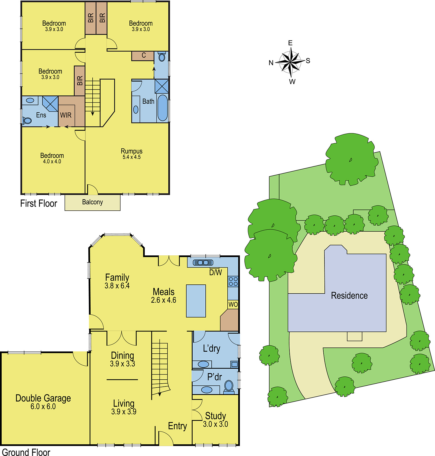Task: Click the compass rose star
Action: coord(291,62)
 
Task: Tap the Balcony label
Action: coord(92,202)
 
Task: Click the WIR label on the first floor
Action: coord(66,115)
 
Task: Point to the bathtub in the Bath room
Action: coord(163,108)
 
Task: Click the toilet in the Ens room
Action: coord(26,121)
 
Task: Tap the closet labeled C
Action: coord(143,56)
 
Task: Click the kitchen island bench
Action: coord(196,301)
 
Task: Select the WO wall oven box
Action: coord(233,304)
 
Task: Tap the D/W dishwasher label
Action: coord(216,272)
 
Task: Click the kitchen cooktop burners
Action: coord(233,281)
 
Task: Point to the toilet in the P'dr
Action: coord(229,387)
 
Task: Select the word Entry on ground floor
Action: coord(177,426)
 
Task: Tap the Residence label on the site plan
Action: coord(349,296)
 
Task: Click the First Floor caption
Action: coord(39,203)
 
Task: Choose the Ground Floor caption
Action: coord(26,452)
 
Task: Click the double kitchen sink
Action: coord(203,262)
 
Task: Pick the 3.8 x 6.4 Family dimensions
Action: coord(117,286)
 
